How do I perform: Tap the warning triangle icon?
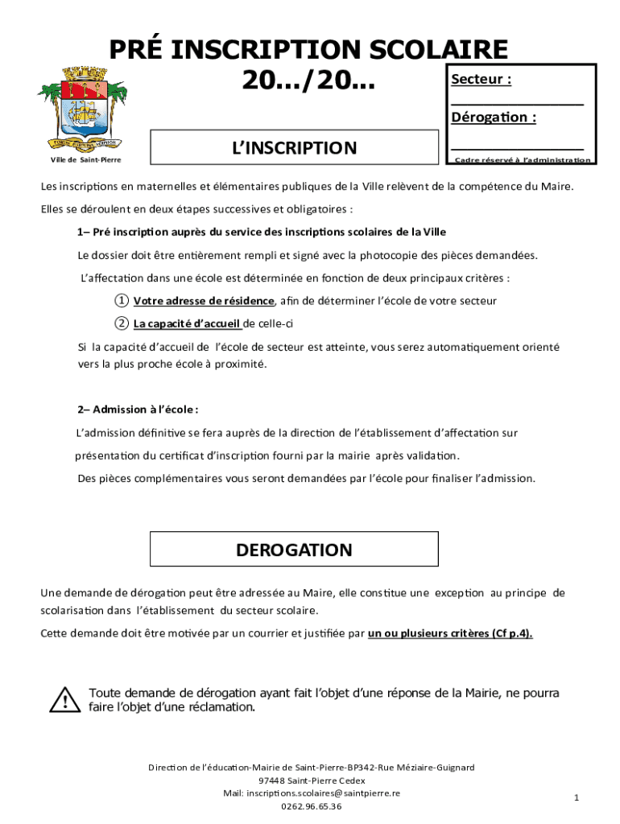click(60, 700)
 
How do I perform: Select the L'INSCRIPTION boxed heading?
click(294, 148)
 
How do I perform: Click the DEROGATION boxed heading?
click(294, 550)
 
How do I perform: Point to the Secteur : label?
click(482, 80)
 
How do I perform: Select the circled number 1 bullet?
click(121, 301)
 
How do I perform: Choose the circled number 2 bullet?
click(121, 323)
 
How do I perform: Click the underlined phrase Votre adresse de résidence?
click(205, 301)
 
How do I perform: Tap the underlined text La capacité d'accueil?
click(187, 323)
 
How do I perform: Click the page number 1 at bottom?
click(577, 797)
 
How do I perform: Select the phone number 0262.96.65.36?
click(311, 806)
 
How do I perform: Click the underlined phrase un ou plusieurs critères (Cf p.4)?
click(450, 632)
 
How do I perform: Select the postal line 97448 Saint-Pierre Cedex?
click(311, 781)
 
